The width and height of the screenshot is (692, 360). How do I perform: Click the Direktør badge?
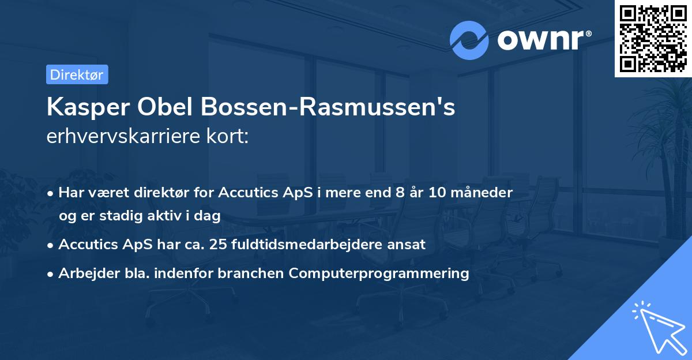tap(77, 74)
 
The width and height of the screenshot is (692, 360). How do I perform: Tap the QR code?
tap(653, 38)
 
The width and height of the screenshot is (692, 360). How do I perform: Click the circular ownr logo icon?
tap(469, 40)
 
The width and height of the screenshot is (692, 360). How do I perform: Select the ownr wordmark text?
tap(543, 40)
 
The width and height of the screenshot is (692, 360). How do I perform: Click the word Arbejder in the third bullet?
tap(84, 273)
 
